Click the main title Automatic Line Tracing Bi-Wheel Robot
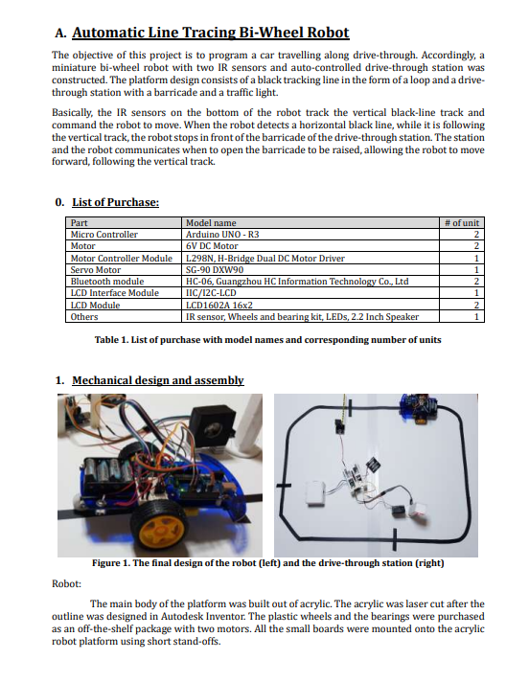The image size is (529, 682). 211,33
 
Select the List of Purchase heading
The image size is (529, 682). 115,202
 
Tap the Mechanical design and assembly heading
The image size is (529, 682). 158,380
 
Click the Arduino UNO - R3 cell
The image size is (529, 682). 222,235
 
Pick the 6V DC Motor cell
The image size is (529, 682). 212,246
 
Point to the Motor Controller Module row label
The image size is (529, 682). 122,259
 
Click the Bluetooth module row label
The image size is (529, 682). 107,282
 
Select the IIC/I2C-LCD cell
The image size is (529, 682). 211,293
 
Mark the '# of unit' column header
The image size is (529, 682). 462,222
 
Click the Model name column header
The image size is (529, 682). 211,222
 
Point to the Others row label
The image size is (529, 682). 84,317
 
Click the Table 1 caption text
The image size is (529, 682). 268,340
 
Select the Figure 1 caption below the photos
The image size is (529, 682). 268,563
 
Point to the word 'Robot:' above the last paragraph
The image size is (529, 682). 66,583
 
